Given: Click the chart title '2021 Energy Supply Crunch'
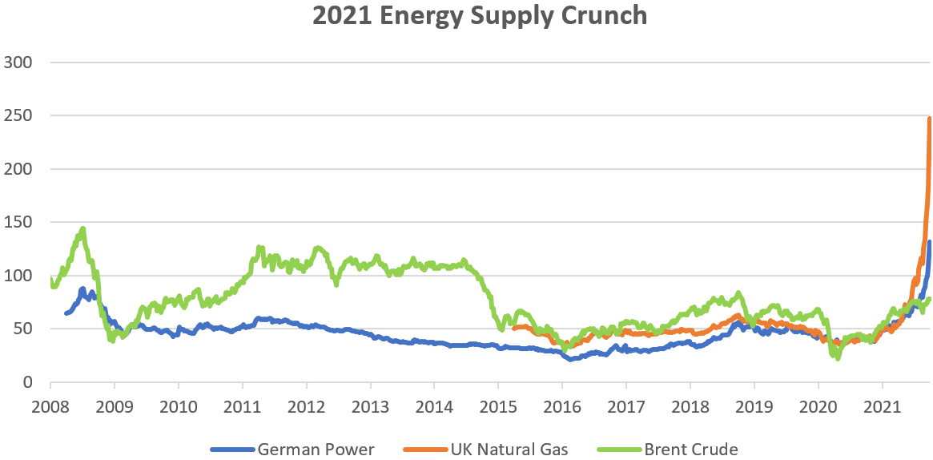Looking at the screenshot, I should tap(466, 16).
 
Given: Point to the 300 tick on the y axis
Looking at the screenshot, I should tap(18, 63).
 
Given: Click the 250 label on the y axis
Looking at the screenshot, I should tap(18, 116).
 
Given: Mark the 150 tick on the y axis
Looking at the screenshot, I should tap(18, 223).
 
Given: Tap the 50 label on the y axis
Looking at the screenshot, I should tap(22, 329).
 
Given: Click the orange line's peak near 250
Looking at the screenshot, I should tap(929, 119).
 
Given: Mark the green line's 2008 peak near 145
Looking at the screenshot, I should tap(82, 229).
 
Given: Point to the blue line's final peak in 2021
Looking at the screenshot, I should tap(930, 242).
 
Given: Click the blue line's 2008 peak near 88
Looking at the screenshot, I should tap(82, 289).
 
